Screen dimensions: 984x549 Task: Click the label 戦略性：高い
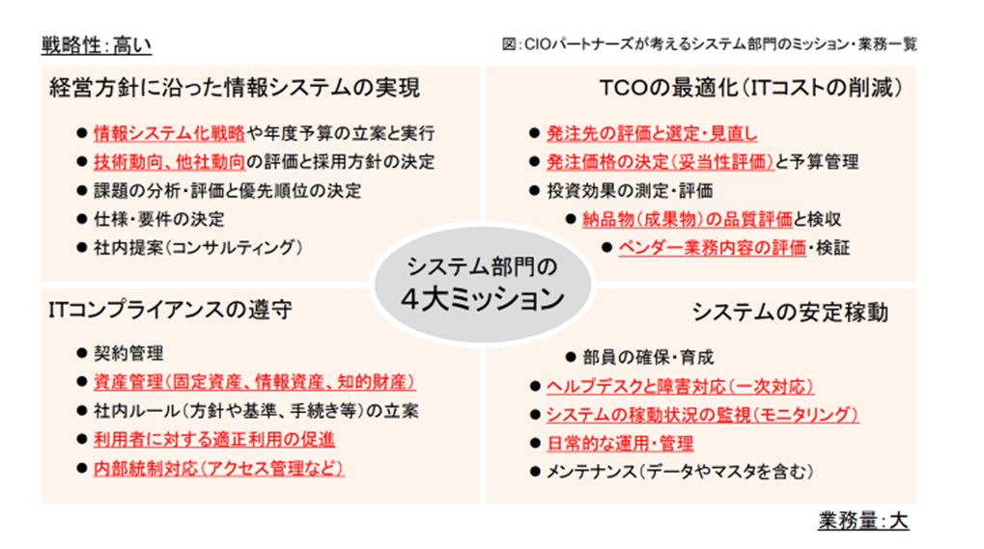(96, 45)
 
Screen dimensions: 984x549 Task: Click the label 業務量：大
(863, 521)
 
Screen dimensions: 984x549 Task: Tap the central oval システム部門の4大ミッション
(483, 284)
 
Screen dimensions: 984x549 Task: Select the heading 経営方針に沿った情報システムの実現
(235, 88)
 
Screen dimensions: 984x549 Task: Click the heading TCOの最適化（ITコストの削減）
(751, 88)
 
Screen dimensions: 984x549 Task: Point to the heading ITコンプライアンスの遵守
(171, 310)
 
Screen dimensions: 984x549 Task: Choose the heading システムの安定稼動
(790, 312)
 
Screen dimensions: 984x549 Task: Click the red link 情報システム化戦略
(169, 133)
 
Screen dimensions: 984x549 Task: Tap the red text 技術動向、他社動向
(169, 162)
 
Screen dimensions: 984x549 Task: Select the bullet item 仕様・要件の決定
(158, 219)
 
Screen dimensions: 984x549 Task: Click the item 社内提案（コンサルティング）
(198, 248)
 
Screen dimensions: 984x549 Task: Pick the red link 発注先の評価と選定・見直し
(652, 133)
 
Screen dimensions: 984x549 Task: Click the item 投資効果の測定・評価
(630, 190)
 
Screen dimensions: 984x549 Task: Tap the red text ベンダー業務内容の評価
(713, 248)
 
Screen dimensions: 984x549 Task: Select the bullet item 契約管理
(128, 353)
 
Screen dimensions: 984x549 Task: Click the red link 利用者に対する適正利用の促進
(214, 439)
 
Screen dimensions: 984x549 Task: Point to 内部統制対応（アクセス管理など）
(219, 468)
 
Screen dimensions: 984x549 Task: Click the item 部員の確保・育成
(648, 357)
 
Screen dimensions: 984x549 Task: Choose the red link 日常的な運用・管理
(620, 443)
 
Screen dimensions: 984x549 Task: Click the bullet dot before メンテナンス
(535, 471)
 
